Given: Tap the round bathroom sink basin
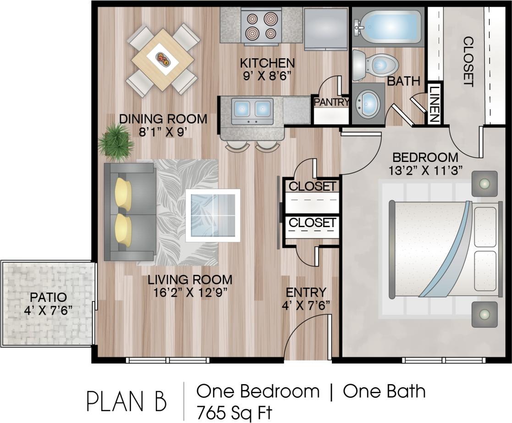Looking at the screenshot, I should (369, 102).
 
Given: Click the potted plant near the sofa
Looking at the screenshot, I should (115, 142).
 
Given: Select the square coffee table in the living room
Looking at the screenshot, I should (213, 215).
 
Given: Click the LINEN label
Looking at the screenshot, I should (434, 104).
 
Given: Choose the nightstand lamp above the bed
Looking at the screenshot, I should (484, 184).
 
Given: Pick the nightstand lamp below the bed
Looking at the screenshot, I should (484, 315).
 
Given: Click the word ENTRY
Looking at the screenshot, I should (306, 292).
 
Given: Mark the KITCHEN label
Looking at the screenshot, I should (268, 62).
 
